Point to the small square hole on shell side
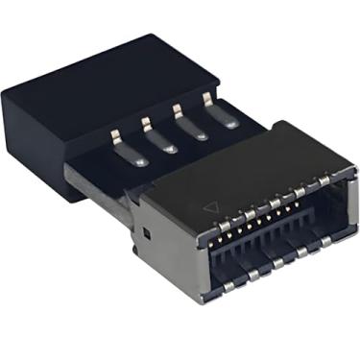click(144, 233)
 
